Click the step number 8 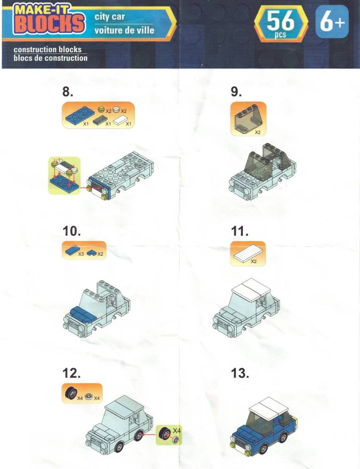(67, 91)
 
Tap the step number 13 (240, 373)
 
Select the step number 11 (240, 231)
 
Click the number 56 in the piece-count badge (280, 21)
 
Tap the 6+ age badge (332, 22)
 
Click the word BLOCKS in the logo (49, 23)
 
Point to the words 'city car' (109, 17)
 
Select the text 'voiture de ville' (124, 30)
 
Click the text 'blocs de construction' (51, 58)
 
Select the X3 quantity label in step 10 (81, 254)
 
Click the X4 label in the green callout (176, 431)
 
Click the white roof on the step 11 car (251, 289)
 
